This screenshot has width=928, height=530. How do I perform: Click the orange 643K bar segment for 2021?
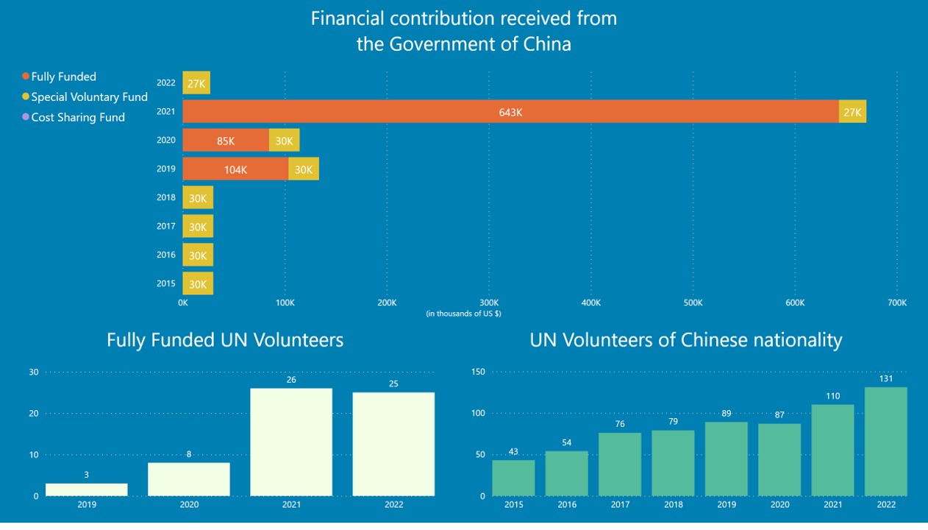pyautogui.click(x=510, y=112)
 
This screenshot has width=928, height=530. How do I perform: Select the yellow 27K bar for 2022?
pyautogui.click(x=196, y=83)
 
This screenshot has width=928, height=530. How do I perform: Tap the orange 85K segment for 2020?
pyautogui.click(x=226, y=141)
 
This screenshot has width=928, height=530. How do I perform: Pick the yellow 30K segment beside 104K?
pyautogui.click(x=304, y=169)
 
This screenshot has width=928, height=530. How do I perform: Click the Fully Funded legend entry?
pyautogui.click(x=63, y=77)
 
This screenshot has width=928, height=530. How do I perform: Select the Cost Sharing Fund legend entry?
pyautogui.click(x=77, y=117)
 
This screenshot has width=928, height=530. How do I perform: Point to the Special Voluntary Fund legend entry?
pyautogui.click(x=89, y=97)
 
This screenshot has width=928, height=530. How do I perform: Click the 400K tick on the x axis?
pyautogui.click(x=591, y=303)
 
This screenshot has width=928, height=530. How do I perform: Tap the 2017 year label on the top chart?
pyautogui.click(x=166, y=227)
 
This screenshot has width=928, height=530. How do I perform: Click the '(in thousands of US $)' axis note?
pyautogui.click(x=464, y=314)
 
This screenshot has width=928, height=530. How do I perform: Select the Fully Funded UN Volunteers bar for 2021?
pyautogui.click(x=291, y=442)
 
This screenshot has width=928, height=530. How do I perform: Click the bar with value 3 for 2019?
pyautogui.click(x=87, y=490)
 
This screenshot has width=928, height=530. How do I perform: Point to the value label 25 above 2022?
pyautogui.click(x=393, y=384)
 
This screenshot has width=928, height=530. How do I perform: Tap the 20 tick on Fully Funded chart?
pyautogui.click(x=33, y=414)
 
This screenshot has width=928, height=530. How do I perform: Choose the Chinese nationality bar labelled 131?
pyautogui.click(x=886, y=442)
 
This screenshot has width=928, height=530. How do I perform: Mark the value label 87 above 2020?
pyautogui.click(x=779, y=415)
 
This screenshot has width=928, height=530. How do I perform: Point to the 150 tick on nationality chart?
pyautogui.click(x=478, y=372)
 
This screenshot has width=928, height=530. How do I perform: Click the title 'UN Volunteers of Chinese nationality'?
pyautogui.click(x=685, y=340)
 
